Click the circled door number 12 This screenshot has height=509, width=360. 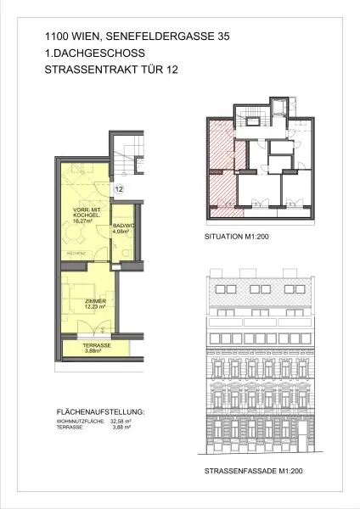pos(119,189)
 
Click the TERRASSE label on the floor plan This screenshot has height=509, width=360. pos(96,346)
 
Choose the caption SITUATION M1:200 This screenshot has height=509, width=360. pos(237,238)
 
